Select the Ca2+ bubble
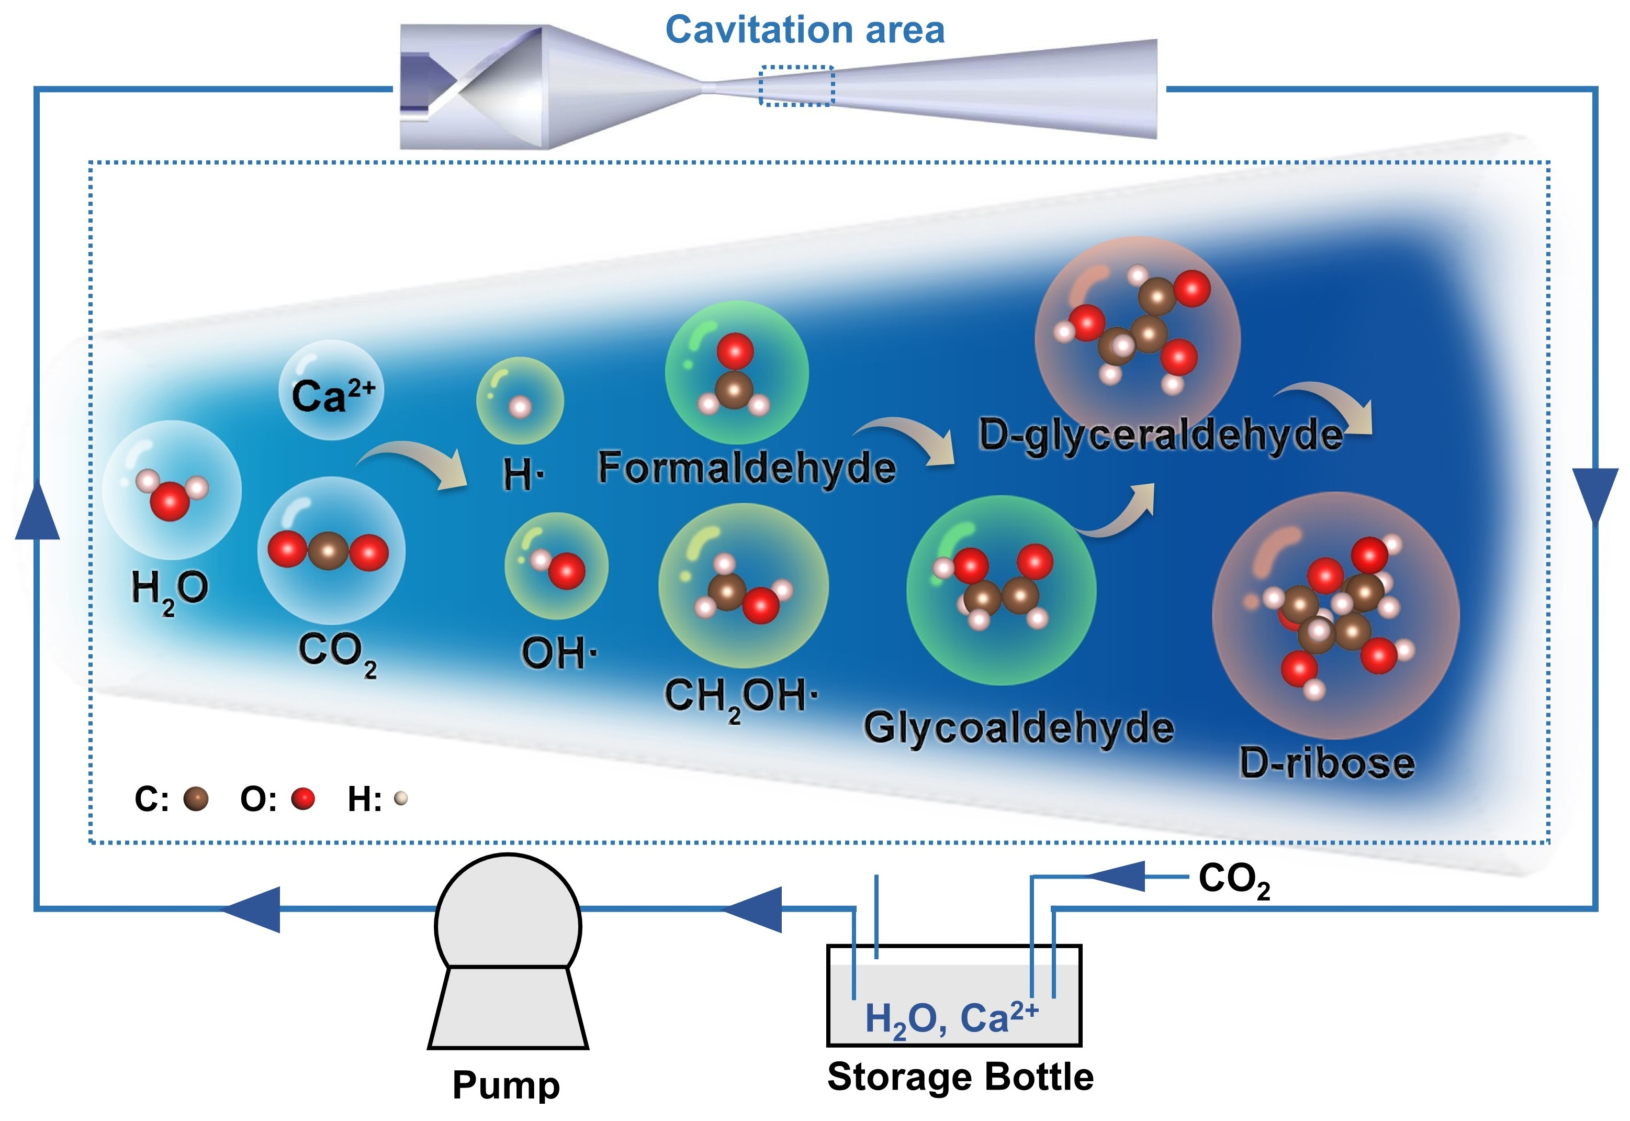point(331,391)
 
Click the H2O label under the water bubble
point(170,591)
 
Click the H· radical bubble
point(520,401)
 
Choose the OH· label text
point(559,653)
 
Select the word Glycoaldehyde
point(1018,728)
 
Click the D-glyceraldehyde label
point(1161,436)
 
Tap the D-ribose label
point(1327,763)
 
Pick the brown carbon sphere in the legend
point(196,798)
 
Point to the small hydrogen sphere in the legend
point(401,798)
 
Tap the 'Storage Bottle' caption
point(960,1076)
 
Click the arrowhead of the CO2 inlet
point(1116,876)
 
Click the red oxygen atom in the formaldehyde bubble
point(735,350)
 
